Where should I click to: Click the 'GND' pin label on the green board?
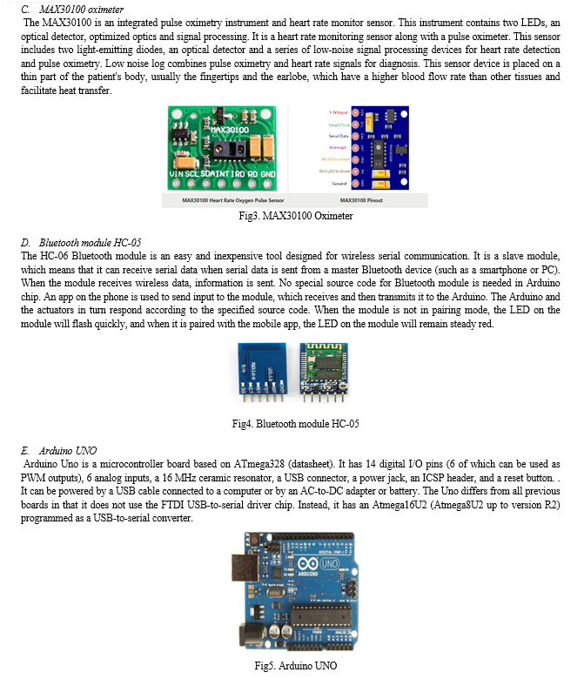[x=266, y=174]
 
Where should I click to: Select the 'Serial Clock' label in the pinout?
[x=340, y=124]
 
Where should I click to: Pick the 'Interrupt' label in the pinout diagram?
[x=340, y=148]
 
